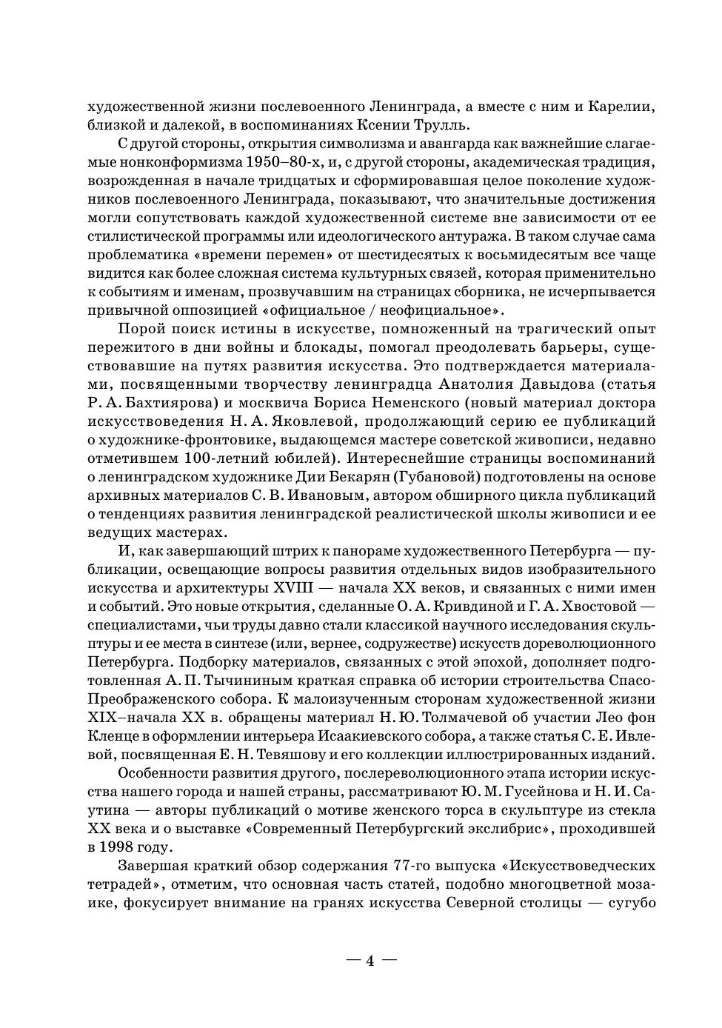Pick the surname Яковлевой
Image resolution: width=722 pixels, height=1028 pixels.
[x=356, y=421]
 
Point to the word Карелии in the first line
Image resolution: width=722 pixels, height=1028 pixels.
[x=621, y=107]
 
